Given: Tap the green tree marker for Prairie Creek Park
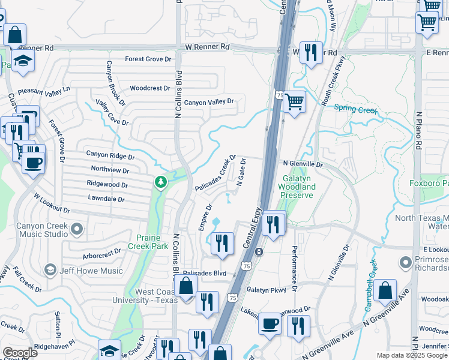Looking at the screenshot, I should [160, 181].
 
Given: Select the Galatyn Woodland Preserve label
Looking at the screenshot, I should [298, 187].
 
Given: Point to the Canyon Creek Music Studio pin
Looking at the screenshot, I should [77, 229].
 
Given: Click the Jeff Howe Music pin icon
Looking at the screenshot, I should [50, 271].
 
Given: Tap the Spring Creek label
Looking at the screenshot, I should [355, 109].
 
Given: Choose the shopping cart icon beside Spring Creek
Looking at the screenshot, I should [294, 102].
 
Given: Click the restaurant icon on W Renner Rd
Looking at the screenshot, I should [311, 52].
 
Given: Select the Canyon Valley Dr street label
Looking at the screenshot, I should [209, 102].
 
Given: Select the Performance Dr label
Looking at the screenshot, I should [295, 264].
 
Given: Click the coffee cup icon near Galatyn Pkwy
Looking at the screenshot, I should [270, 324].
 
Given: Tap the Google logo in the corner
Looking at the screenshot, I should [20, 353].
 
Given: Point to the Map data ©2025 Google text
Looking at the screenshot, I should [411, 355].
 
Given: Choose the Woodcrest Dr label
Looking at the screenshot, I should [150, 88].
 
